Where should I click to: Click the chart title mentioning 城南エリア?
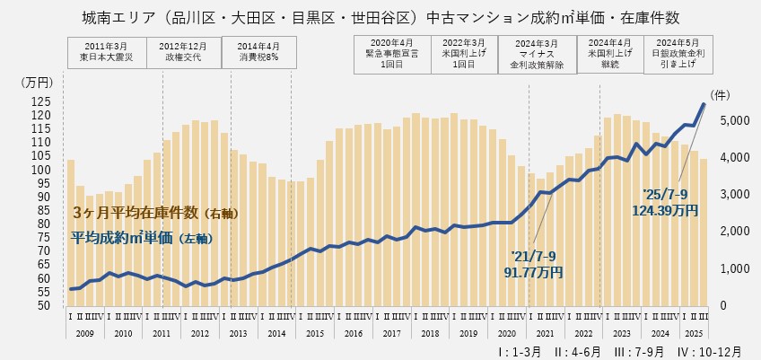pyautogui.click(x=380, y=17)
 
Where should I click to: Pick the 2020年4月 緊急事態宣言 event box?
pyautogui.click(x=391, y=52)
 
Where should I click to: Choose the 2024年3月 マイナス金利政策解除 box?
pyautogui.click(x=537, y=52)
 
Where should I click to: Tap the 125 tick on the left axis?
pyautogui.click(x=42, y=101)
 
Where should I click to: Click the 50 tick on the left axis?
pyautogui.click(x=46, y=305)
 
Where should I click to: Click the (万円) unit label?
pyautogui.click(x=37, y=82)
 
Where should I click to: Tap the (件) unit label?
pyautogui.click(x=721, y=94)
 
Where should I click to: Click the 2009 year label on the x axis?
pyautogui.click(x=84, y=333)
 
